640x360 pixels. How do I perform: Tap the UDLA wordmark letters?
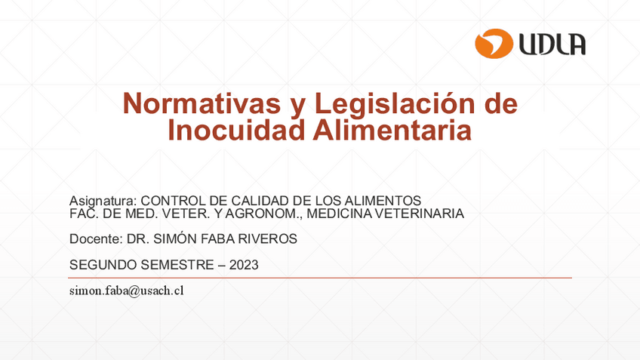pyautogui.click(x=552, y=45)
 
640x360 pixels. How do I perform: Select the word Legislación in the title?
pyautogui.click(x=394, y=103)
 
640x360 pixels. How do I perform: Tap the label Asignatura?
pyautogui.click(x=103, y=201)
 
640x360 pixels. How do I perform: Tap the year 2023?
pyautogui.click(x=243, y=265)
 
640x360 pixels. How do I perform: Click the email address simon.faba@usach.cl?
pyautogui.click(x=127, y=291)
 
